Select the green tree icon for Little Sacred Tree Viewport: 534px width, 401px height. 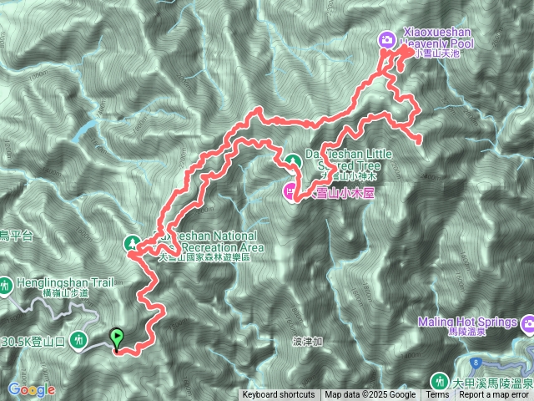point(293,161)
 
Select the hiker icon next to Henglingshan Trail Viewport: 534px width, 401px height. point(6,285)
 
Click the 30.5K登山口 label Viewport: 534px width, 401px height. point(33,341)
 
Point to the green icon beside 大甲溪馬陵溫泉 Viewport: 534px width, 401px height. point(439,381)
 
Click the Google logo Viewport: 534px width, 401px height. point(32,389)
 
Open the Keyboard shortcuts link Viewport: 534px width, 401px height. point(279,395)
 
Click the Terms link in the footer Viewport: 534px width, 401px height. point(437,395)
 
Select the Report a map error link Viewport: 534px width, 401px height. point(495,395)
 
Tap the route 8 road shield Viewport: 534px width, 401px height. point(473,362)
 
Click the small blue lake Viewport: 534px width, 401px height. point(83,130)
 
